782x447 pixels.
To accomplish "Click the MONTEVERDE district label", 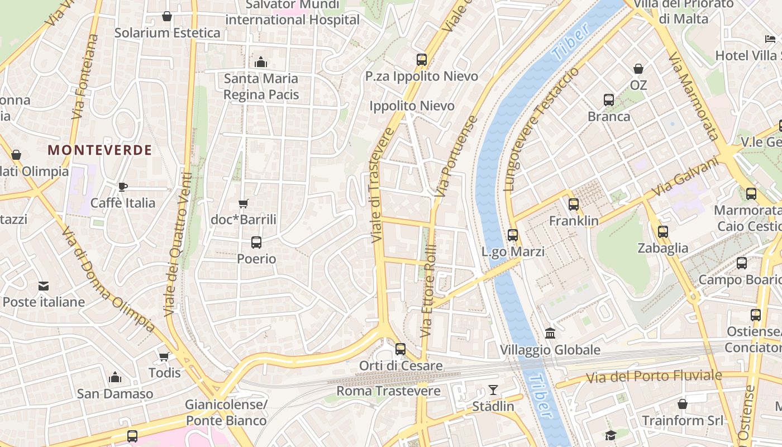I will point(99,150).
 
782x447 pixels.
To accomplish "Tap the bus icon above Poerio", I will point(256,242).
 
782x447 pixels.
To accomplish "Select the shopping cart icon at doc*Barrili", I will point(243,204).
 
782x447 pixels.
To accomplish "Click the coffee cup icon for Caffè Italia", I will point(123,187).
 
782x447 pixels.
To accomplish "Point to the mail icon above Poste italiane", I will point(44,286).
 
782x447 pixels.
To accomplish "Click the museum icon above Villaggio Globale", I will point(550,334).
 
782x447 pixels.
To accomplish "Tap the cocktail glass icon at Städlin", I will point(493,389).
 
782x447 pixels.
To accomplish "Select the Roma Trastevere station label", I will point(389,391).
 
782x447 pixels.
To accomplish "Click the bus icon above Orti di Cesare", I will point(400,350).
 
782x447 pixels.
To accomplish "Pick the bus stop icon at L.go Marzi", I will point(513,235).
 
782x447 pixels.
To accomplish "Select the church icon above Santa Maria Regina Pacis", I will point(260,62).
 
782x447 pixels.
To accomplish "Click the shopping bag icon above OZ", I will point(638,69).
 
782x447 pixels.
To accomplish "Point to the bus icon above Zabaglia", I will point(663,232).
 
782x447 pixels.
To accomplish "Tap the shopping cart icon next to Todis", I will point(164,356).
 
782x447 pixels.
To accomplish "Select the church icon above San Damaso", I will point(115,377).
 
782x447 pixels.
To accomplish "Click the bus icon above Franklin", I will point(574,205).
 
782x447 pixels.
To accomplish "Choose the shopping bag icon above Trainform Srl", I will point(683,404).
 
